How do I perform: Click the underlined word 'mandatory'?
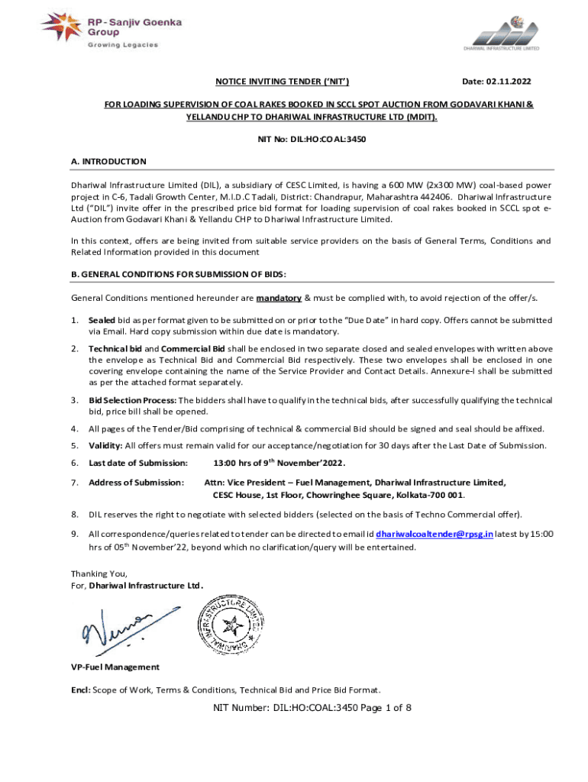pyautogui.click(x=279, y=298)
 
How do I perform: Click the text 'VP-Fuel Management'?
pyautogui.click(x=105, y=667)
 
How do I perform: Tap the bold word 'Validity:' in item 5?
pyautogui.click(x=105, y=445)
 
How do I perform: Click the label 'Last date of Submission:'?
pyautogui.click(x=137, y=464)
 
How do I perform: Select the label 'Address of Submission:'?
pyautogui.click(x=136, y=483)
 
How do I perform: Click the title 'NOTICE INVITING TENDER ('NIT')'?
pyautogui.click(x=277, y=81)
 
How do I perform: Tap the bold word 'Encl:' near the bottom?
pyautogui.click(x=81, y=689)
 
